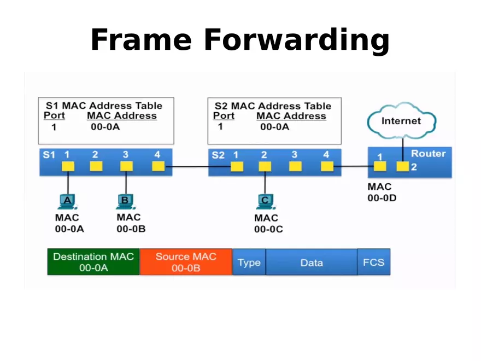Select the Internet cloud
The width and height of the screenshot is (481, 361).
[401, 121]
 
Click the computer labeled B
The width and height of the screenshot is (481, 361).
[125, 201]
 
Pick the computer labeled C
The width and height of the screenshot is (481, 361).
[265, 201]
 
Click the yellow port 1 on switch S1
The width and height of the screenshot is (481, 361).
[68, 166]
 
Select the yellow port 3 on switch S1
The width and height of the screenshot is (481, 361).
[126, 166]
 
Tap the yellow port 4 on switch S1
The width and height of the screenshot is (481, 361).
[158, 166]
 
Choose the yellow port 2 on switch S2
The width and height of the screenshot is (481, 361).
[265, 166]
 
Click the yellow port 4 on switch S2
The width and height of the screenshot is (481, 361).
[327, 166]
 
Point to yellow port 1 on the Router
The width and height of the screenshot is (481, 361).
[380, 166]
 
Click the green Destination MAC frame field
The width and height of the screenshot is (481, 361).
[93, 262]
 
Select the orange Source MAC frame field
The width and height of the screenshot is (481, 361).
[186, 262]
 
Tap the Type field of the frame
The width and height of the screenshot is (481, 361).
[249, 263]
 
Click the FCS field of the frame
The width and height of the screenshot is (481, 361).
[374, 263]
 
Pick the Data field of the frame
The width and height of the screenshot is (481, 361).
[312, 263]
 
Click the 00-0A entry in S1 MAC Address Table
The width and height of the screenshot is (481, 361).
[105, 127]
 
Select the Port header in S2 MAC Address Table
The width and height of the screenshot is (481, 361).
[224, 116]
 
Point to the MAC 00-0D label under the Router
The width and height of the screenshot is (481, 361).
[382, 193]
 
